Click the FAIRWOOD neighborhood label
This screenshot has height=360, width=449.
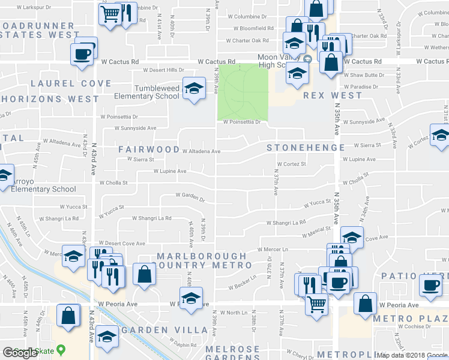pos(148,149)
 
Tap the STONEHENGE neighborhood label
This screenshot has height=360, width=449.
pos(306,148)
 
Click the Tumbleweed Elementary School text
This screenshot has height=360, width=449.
pos(148,92)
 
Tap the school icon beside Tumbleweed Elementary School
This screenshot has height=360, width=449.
pos(193,89)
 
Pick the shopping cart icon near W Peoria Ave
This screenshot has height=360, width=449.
pos(316,303)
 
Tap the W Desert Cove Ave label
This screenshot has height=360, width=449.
pos(122,244)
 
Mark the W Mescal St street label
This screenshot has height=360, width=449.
pos(316,230)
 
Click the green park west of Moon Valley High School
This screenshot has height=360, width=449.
pos(242,90)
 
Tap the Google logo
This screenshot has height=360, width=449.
pos(20,353)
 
